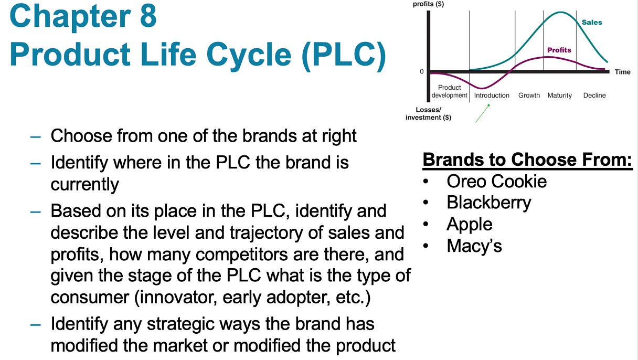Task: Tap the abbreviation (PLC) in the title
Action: (343, 54)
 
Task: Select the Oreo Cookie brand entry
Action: (496, 181)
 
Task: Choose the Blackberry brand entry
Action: (488, 203)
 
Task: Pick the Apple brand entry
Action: (469, 224)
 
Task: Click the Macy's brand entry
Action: (474, 245)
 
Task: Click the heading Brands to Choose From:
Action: (527, 159)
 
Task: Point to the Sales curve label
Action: (592, 23)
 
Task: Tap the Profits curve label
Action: (559, 50)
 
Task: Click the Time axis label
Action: (622, 72)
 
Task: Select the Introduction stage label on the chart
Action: (492, 96)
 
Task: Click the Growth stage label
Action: (529, 96)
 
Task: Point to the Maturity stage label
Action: (559, 96)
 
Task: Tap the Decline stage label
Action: (594, 96)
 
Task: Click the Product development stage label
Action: (449, 91)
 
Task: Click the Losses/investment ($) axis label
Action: (428, 113)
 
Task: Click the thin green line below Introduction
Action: (482, 113)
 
